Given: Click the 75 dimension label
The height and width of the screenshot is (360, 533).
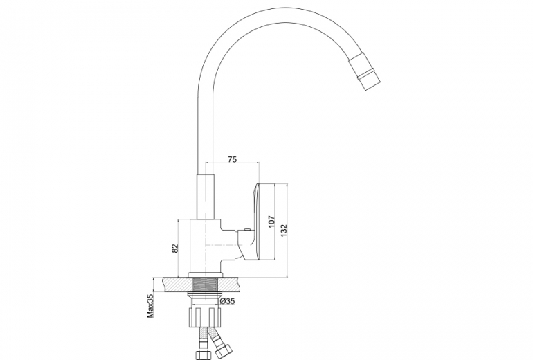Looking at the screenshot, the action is click(232, 159).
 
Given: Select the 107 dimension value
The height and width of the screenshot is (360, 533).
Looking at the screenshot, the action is click(271, 222).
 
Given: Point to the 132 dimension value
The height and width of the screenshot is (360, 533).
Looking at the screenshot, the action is click(284, 231).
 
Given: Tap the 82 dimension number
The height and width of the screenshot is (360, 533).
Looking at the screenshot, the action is click(174, 249).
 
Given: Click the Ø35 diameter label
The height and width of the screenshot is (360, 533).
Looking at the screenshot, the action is click(227, 301).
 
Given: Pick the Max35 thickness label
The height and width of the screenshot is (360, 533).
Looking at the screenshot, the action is click(151, 305).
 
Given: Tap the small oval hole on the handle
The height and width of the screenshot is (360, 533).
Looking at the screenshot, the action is click(247, 231).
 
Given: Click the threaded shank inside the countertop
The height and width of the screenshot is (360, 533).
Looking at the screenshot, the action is click(206, 285).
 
